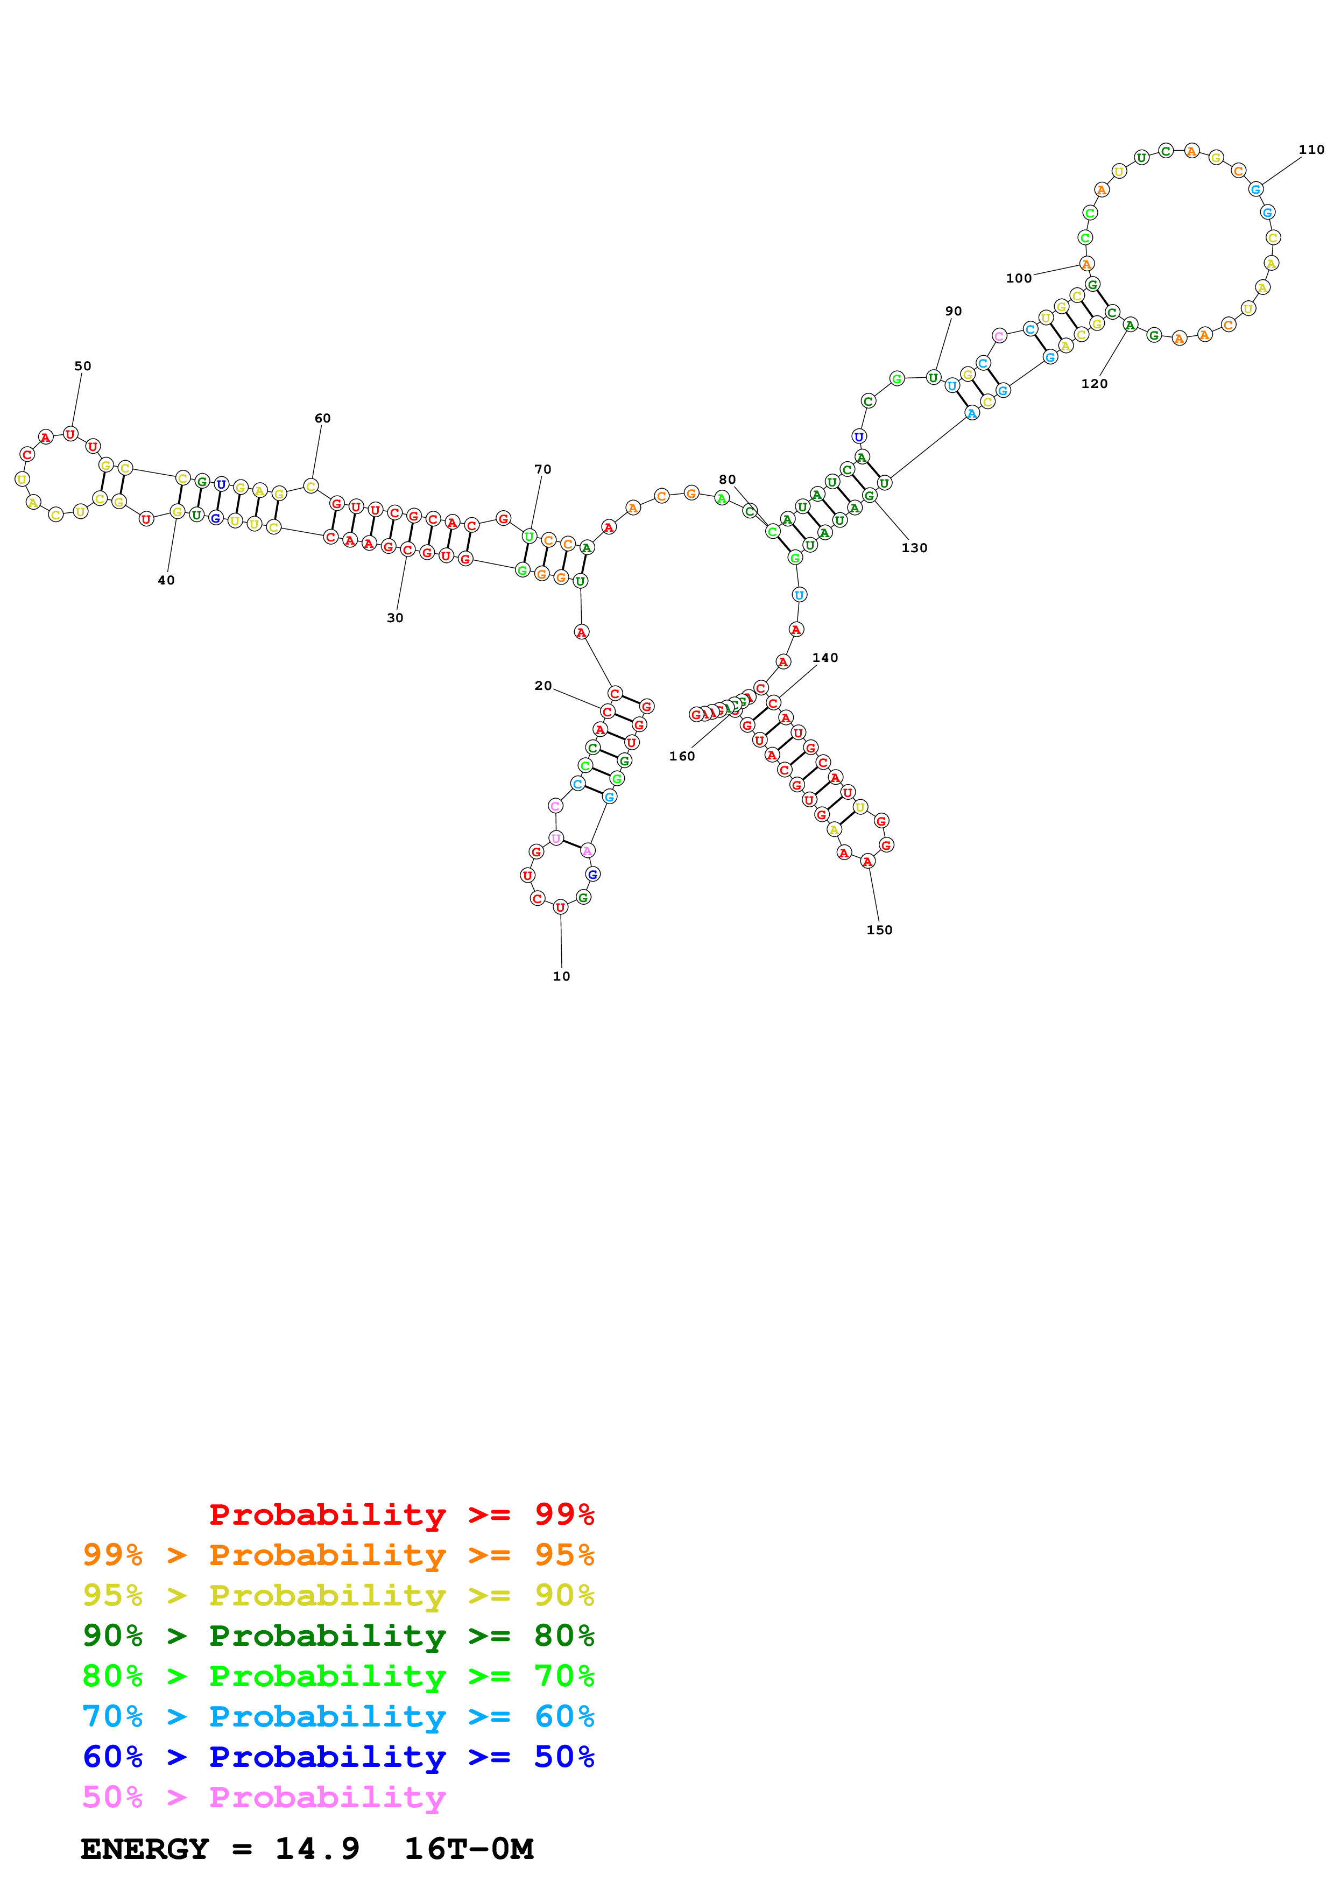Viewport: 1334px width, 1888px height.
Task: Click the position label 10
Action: click(561, 976)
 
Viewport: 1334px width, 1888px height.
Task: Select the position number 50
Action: click(83, 366)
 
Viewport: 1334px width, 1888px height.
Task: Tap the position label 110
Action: click(1311, 150)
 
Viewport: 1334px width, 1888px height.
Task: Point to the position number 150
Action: click(879, 930)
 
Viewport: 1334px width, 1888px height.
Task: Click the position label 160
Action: click(681, 757)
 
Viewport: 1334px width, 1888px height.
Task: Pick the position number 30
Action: click(394, 617)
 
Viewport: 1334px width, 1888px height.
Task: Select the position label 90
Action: click(952, 311)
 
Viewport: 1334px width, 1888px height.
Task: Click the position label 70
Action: click(542, 469)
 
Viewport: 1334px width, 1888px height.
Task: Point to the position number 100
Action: click(1018, 278)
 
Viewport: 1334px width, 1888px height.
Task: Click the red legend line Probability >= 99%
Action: click(401, 1514)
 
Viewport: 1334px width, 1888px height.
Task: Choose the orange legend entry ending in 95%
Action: click(338, 1555)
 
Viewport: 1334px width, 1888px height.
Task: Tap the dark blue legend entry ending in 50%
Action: click(338, 1757)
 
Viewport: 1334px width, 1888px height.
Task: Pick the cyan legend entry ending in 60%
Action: click(338, 1716)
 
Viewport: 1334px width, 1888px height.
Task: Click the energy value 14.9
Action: click(317, 1849)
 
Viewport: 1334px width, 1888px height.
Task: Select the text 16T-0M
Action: click(469, 1849)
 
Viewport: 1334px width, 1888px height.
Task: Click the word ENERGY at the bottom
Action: click(145, 1849)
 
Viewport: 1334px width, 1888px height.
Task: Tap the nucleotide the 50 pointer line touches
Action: click(70, 433)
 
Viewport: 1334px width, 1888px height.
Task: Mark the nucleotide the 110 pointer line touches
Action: click(1255, 189)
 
